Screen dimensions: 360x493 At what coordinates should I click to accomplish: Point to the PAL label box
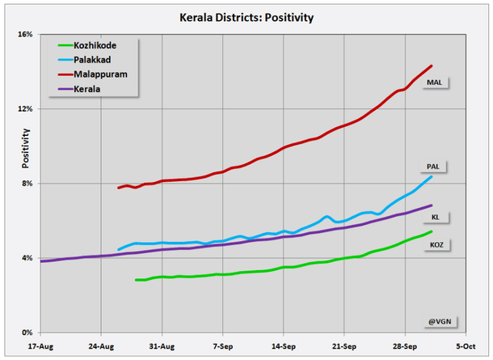[433, 167]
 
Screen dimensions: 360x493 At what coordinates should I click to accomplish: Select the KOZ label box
[435, 244]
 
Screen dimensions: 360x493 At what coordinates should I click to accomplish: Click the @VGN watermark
[438, 321]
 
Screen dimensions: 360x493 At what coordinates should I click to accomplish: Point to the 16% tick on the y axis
[25, 35]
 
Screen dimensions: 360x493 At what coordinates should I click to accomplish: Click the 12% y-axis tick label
[25, 109]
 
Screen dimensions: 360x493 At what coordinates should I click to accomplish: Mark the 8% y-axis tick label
[27, 184]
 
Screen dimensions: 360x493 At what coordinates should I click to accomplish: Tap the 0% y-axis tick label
[27, 332]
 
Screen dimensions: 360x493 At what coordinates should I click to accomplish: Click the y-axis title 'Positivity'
[26, 147]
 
